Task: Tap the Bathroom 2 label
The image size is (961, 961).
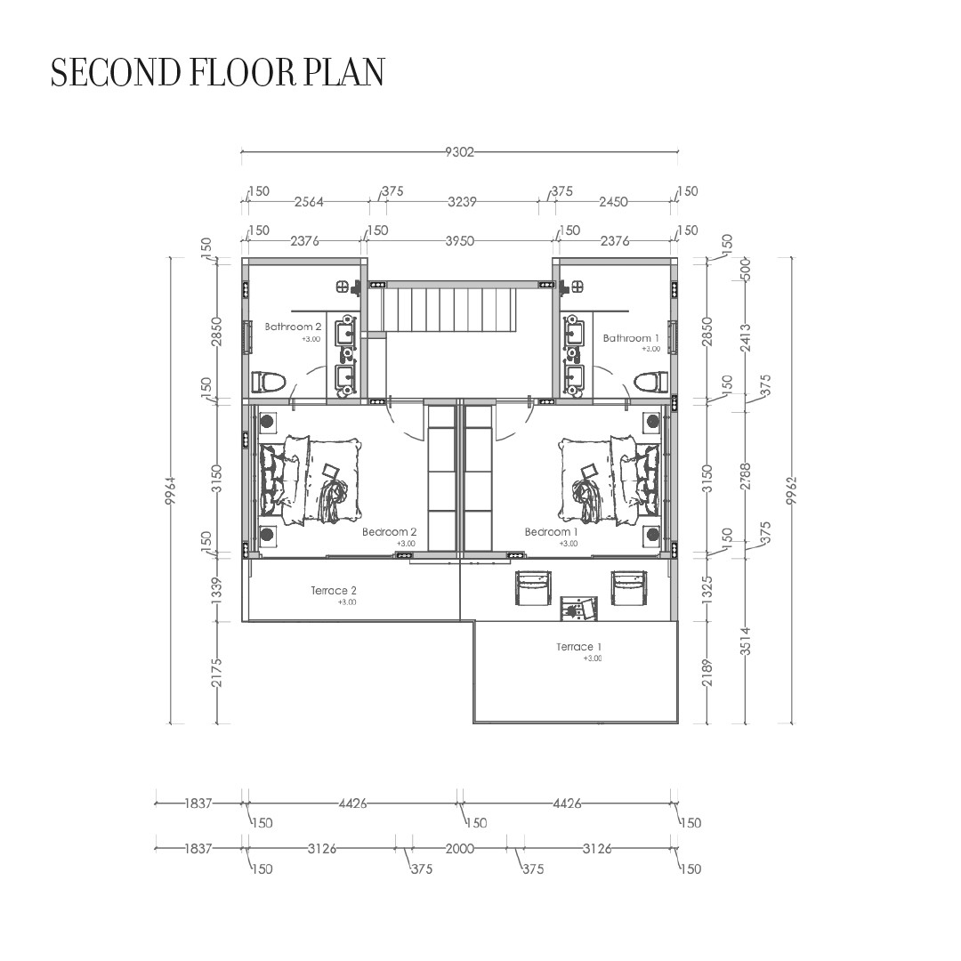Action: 293,327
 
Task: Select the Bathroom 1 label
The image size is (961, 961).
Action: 631,338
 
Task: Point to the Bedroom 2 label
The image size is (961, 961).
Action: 390,531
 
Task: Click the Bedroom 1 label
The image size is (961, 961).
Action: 552,531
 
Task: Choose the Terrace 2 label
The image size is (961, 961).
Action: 334,590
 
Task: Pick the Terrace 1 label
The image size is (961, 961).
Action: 579,647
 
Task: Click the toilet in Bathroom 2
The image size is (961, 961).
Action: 269,382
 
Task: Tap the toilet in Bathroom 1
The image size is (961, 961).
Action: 651,382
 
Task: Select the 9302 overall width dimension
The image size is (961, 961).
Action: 460,151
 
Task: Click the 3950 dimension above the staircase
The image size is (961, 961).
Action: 460,241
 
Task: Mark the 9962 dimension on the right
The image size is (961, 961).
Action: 792,491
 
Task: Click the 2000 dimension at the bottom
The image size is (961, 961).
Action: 460,848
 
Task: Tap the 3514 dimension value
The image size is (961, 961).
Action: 746,641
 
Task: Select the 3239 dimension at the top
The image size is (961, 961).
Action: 462,202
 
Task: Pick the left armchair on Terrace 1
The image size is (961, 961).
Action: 533,588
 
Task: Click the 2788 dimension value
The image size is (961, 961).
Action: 746,476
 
